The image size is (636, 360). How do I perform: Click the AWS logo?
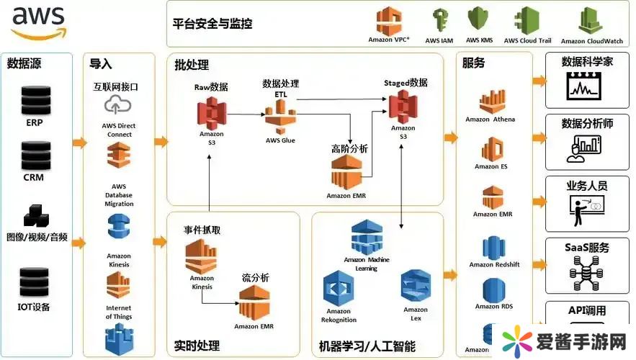[38, 22]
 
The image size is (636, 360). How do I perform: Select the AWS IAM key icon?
[439, 20]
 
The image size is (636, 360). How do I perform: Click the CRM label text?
[34, 178]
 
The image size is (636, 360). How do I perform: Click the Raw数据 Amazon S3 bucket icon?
[211, 112]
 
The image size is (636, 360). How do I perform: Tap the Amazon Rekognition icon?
[338, 289]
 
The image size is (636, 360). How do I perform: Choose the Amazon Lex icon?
[416, 286]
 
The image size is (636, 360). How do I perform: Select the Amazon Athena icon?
[490, 102]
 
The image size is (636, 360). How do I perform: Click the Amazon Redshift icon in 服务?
[493, 246]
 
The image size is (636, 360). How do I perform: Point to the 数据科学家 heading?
[587, 62]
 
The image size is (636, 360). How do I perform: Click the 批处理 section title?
[192, 66]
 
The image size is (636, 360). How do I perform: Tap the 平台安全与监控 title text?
[212, 23]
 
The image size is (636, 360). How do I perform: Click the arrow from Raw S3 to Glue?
[245, 113]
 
